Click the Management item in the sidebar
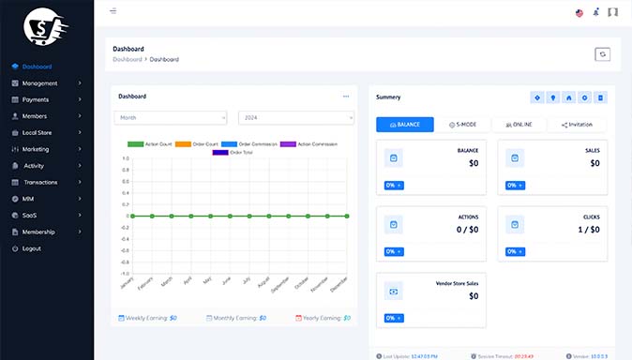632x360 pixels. click(x=39, y=83)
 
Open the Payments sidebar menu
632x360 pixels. click(x=36, y=99)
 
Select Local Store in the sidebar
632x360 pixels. click(x=37, y=132)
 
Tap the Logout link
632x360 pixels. click(x=32, y=248)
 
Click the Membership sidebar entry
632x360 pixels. click(x=39, y=232)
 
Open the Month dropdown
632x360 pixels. click(x=170, y=117)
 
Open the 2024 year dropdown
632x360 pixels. click(x=295, y=117)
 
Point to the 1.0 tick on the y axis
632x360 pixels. click(x=126, y=158)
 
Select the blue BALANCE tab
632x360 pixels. click(x=404, y=124)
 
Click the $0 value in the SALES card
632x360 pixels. click(x=594, y=163)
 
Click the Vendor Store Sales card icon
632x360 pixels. click(x=394, y=292)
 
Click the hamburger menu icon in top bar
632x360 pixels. click(x=113, y=11)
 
